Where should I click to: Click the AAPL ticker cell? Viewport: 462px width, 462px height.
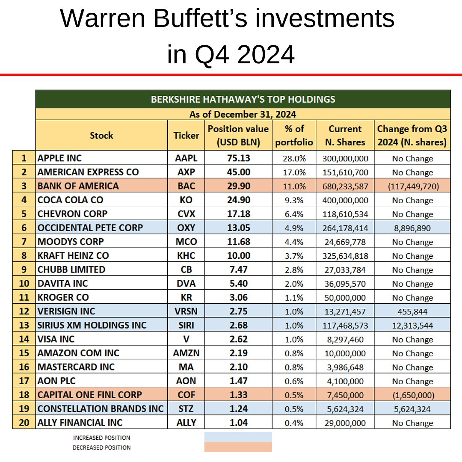click(186, 158)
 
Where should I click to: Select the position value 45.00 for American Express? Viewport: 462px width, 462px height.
click(238, 172)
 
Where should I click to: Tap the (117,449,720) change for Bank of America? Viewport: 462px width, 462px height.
click(412, 187)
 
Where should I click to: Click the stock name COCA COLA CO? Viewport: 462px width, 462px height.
click(71, 200)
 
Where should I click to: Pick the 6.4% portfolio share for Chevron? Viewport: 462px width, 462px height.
click(294, 214)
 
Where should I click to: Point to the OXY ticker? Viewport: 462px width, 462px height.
click(186, 228)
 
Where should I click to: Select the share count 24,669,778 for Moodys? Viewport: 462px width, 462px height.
click(345, 242)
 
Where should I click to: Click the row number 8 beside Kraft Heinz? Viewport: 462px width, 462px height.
click(24, 255)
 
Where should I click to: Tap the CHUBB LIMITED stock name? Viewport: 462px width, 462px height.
click(71, 269)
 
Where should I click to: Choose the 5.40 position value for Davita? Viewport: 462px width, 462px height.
click(238, 284)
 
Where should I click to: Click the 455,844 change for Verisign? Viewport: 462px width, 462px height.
click(412, 312)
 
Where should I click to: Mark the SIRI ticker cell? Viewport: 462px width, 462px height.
click(186, 325)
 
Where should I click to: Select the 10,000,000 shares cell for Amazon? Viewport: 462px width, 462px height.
click(345, 353)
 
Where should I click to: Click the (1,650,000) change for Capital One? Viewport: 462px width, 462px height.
click(412, 395)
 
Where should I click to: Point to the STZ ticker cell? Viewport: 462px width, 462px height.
click(186, 409)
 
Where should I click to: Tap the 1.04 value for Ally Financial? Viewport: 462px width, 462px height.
click(238, 423)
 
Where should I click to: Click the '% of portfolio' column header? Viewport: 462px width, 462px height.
click(294, 135)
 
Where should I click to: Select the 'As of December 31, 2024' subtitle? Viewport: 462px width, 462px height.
click(243, 114)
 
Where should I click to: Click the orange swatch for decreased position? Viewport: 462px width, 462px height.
click(238, 447)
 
